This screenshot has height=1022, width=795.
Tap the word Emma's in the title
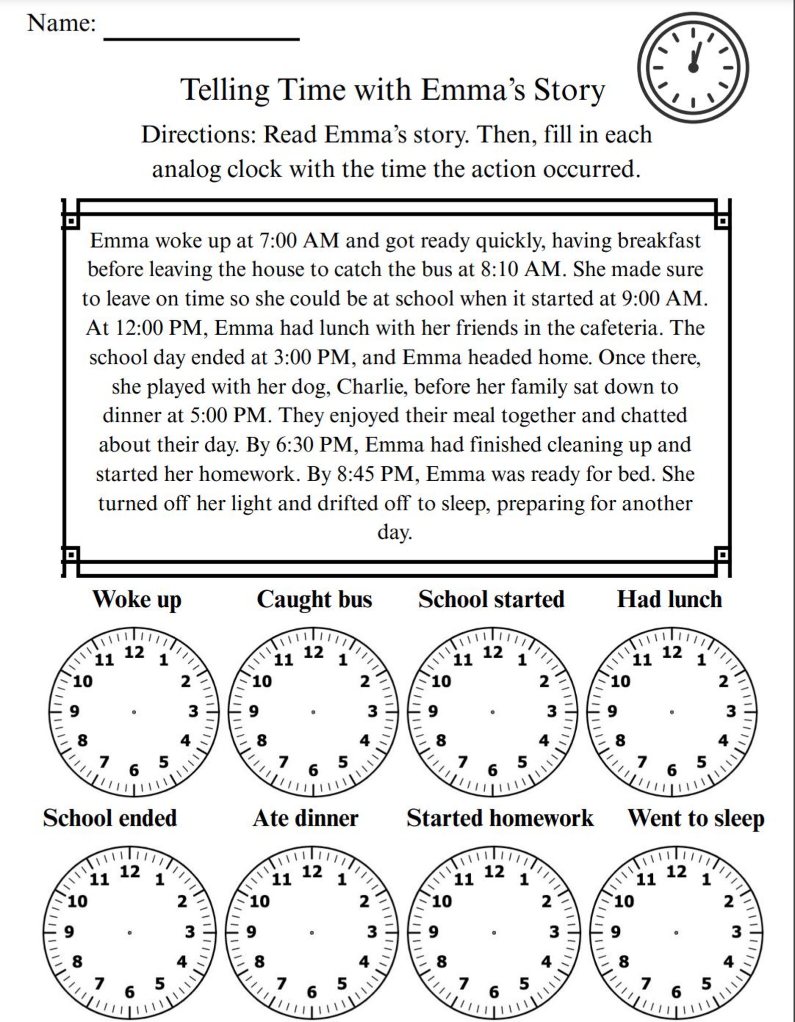pos(473,90)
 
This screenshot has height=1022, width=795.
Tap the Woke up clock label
pos(137,599)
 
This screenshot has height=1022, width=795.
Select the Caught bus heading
pos(314,599)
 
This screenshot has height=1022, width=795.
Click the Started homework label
pos(500,818)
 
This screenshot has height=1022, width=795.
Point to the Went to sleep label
pos(696,818)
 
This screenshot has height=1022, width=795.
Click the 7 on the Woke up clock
pos(104,762)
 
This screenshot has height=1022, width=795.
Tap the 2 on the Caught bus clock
pos(365,681)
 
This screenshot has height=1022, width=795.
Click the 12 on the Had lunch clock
pos(672,652)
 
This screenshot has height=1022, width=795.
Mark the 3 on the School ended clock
pos(190,932)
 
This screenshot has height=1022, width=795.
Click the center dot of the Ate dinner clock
pos(312,932)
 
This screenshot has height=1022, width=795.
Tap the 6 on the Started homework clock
pos(494,992)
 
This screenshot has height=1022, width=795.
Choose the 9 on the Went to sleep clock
pos(615,931)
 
